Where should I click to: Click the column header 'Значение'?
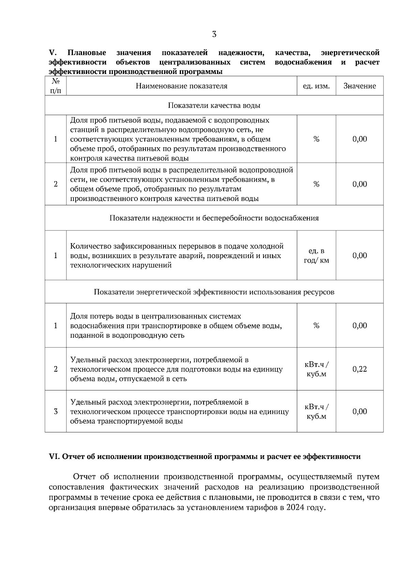click(360, 86)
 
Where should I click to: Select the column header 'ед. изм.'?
click(316, 86)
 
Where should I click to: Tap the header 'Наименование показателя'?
click(181, 86)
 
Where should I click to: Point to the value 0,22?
click(360, 369)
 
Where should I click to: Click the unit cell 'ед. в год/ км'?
click(316, 256)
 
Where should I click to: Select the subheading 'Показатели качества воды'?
click(214, 105)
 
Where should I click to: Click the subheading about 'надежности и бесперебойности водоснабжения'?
click(214, 218)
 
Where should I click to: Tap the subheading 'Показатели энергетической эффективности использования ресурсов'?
click(214, 292)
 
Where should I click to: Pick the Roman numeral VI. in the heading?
click(55, 457)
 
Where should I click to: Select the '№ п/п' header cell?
click(56, 86)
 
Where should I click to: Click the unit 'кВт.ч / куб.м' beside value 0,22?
click(316, 369)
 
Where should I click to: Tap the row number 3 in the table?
click(56, 411)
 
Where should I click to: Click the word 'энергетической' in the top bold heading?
click(350, 53)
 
